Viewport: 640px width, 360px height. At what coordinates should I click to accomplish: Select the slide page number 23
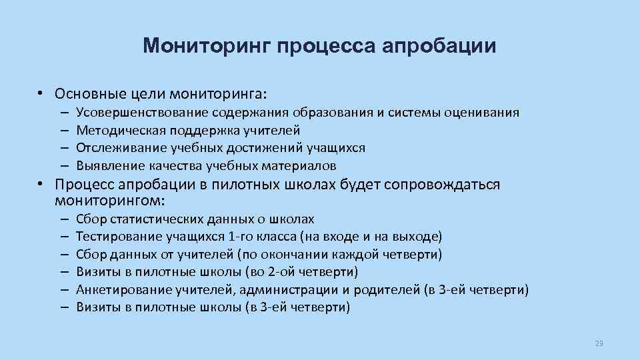[x=598, y=343]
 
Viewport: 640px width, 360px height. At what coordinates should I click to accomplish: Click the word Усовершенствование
[x=141, y=113]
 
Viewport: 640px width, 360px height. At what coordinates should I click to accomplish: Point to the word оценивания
[x=485, y=113]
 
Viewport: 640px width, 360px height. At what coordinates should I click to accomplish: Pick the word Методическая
[x=114, y=131]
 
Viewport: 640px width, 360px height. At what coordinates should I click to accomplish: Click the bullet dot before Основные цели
[x=41, y=93]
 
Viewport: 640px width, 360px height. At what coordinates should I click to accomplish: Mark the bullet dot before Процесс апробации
[x=41, y=185]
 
